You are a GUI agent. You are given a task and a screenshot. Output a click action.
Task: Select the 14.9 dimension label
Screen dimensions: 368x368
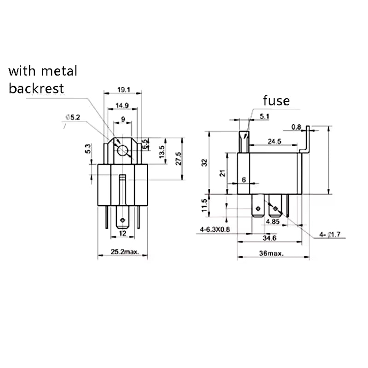(x=122, y=106)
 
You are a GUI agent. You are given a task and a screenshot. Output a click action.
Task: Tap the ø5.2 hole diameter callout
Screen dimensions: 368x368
(x=73, y=118)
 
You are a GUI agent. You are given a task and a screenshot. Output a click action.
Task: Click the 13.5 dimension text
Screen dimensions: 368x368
(x=161, y=152)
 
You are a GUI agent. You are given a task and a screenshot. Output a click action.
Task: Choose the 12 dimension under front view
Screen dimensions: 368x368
(x=122, y=234)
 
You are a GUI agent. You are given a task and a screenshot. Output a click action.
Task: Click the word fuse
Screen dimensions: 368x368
(x=276, y=100)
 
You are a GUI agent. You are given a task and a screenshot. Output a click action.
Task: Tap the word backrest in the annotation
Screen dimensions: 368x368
(x=36, y=88)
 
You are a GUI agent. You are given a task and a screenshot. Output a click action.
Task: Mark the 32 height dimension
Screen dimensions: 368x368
(x=205, y=162)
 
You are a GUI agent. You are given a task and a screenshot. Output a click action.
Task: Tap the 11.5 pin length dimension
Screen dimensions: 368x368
(x=205, y=206)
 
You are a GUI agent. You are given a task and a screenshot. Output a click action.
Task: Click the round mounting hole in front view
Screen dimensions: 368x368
(x=122, y=150)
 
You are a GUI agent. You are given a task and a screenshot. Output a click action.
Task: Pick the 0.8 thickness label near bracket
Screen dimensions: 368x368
(x=296, y=126)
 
